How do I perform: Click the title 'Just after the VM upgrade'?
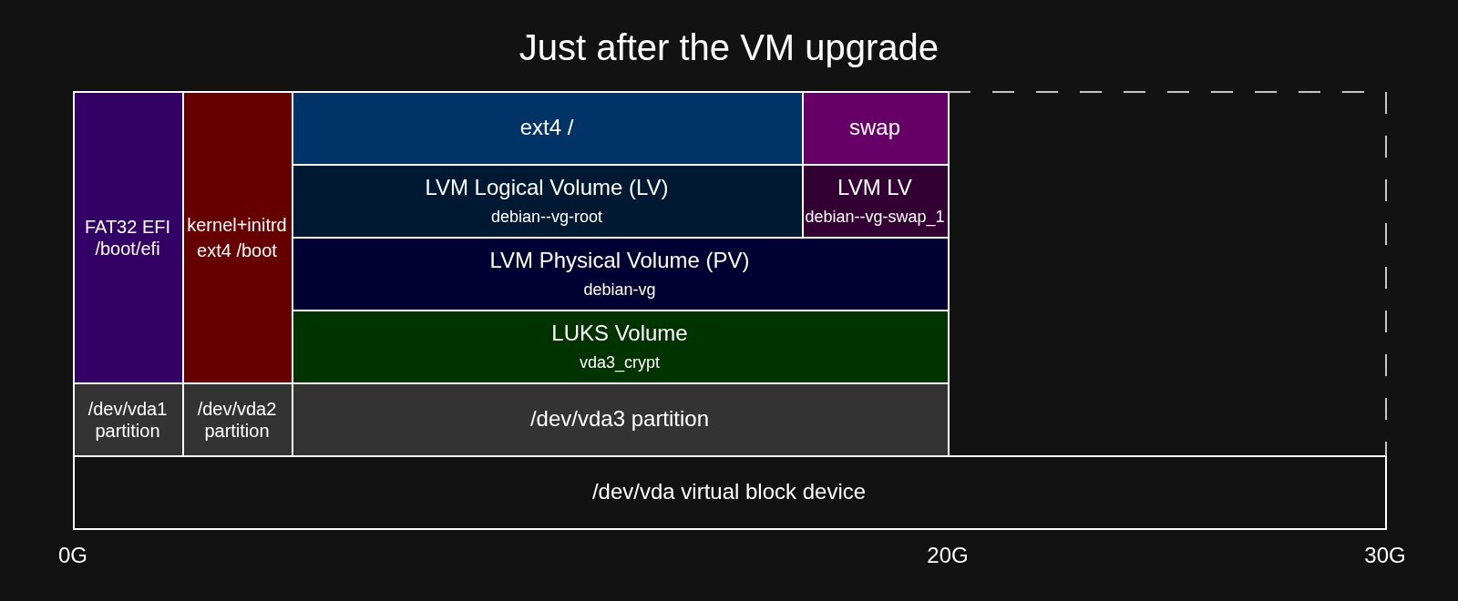728,48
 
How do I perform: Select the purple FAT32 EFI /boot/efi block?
128,238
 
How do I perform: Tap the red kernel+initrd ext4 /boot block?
238,238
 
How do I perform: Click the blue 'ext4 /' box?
548,128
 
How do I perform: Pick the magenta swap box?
876,128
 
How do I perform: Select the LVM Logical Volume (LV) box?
548,201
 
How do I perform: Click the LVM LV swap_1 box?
876,201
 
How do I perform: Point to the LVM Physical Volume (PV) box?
621,274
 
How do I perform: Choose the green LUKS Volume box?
621,347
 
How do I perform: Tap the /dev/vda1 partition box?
128,420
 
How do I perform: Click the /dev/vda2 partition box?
238,420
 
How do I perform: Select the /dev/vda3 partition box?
621,420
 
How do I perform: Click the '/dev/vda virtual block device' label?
729,492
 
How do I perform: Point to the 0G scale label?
73,555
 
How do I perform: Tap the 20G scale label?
948,555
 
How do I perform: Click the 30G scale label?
1385,555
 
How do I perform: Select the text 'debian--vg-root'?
547,217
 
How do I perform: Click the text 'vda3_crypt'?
620,362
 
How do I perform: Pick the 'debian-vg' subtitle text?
620,290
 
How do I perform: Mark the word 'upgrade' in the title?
871,49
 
